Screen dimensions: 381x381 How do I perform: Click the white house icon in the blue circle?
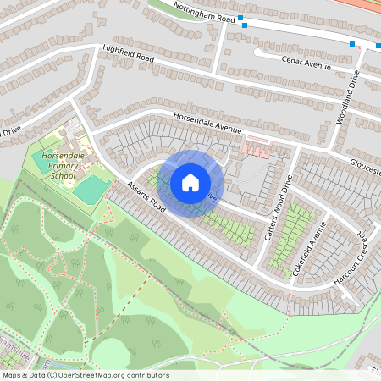[190, 182]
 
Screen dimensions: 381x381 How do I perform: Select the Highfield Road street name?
[129, 53]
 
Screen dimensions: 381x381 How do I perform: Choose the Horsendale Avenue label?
[207, 124]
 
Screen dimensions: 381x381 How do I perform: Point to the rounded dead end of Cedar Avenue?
[257, 52]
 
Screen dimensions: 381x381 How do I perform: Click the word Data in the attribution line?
[32, 375]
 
